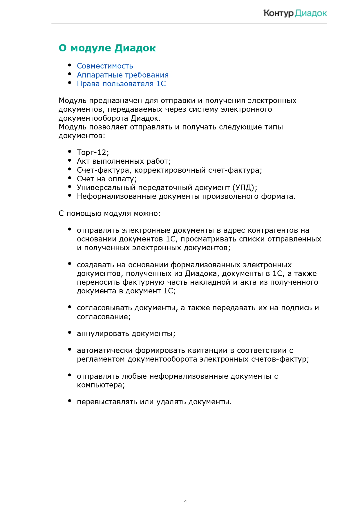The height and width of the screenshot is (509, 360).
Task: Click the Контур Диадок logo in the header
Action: click(x=295, y=13)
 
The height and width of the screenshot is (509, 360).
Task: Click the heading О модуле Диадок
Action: click(x=107, y=48)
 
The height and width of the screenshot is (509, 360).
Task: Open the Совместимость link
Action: click(x=105, y=66)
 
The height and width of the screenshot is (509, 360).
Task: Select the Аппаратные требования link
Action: click(x=122, y=75)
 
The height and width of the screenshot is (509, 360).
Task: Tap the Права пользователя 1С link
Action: click(x=121, y=84)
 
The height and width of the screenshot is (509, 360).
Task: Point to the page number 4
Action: click(x=185, y=501)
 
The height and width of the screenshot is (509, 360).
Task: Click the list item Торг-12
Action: click(x=93, y=152)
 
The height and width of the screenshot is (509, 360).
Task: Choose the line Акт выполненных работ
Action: click(x=124, y=161)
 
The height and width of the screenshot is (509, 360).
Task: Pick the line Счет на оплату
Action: click(x=106, y=179)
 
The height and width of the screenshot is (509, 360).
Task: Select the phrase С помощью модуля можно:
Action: click(x=109, y=213)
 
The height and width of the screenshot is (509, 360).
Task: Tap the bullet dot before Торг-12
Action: click(x=70, y=151)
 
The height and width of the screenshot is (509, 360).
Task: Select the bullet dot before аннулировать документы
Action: click(x=70, y=333)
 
